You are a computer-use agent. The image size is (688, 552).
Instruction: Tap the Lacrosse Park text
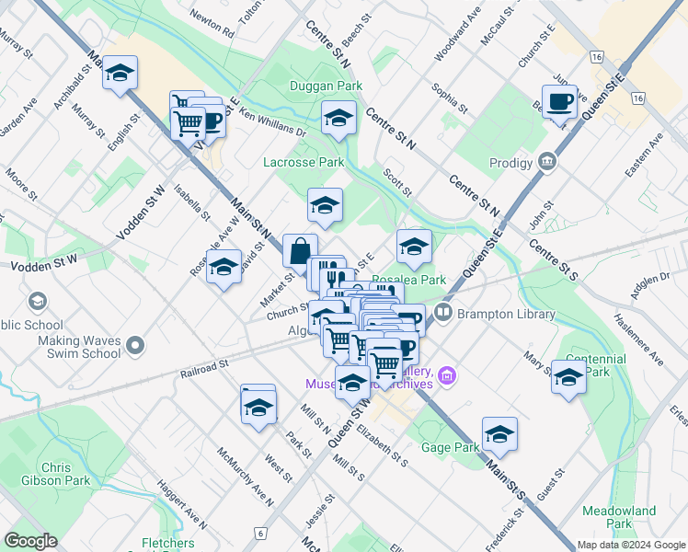pyautogui.click(x=303, y=162)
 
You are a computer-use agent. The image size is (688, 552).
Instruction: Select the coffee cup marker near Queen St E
pyautogui.click(x=558, y=102)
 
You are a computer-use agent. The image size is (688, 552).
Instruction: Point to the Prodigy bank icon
pyautogui.click(x=548, y=163)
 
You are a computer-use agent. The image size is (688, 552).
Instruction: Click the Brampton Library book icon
pyautogui.click(x=443, y=314)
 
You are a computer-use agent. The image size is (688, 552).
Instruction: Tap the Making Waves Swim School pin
pyautogui.click(x=136, y=346)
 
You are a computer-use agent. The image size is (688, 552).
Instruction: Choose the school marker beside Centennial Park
pyautogui.click(x=568, y=377)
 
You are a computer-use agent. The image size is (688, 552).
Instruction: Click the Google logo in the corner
pyautogui.click(x=31, y=541)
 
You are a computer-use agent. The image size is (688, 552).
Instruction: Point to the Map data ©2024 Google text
pyautogui.click(x=630, y=545)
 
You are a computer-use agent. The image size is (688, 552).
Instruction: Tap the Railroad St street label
pyautogui.click(x=204, y=366)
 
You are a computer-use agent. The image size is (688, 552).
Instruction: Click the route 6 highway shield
pyautogui.click(x=261, y=533)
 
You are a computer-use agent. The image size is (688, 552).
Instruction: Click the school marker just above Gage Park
pyautogui.click(x=499, y=433)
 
